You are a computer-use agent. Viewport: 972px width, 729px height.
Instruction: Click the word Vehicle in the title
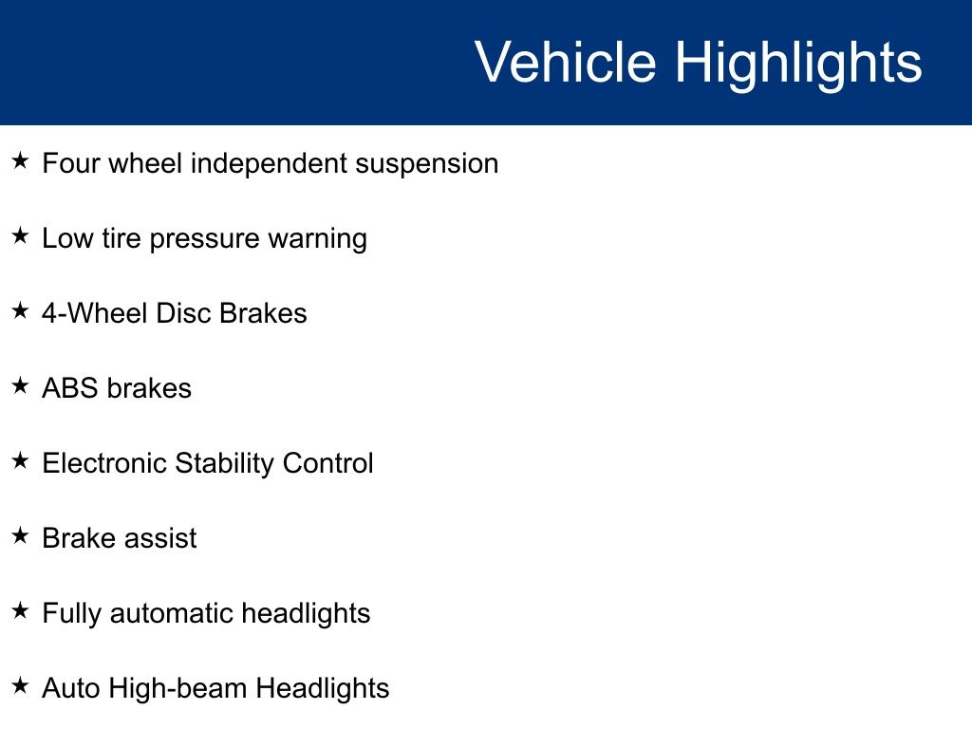[x=566, y=62]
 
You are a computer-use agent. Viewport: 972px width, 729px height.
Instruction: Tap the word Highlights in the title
[x=798, y=65]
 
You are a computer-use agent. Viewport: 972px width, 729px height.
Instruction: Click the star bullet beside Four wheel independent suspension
[x=20, y=160]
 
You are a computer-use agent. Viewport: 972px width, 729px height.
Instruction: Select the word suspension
[x=426, y=164]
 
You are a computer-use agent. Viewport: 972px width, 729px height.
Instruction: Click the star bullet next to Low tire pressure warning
[x=20, y=235]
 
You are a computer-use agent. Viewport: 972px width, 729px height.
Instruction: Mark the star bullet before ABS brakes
[x=20, y=385]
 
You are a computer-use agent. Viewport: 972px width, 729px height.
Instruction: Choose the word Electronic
[x=104, y=463]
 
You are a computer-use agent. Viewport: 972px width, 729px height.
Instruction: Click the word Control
[x=327, y=463]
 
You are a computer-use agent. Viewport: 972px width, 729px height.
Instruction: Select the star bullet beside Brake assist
[x=20, y=535]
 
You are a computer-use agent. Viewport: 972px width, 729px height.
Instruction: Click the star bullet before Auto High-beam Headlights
[x=20, y=685]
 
